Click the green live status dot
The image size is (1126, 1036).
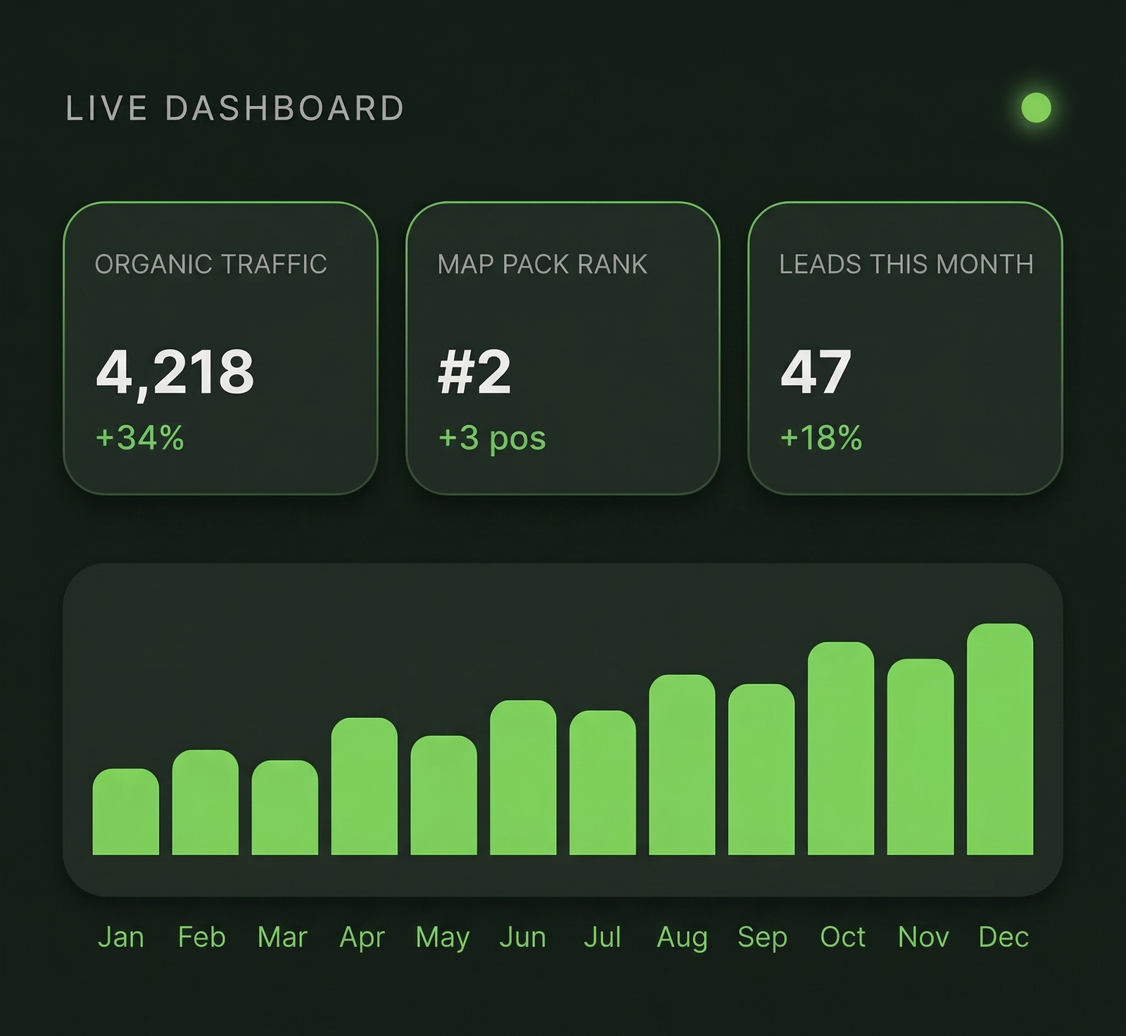click(x=1036, y=108)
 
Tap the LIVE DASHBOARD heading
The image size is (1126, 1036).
click(x=234, y=108)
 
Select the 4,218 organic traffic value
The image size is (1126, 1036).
click(x=175, y=372)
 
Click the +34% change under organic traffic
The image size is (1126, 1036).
click(x=140, y=438)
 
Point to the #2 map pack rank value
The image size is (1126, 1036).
click(x=474, y=372)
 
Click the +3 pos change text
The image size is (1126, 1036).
click(x=492, y=438)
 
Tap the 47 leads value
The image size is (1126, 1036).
click(x=816, y=372)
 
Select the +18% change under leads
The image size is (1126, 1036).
click(x=821, y=438)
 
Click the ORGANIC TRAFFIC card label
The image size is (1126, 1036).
click(x=211, y=264)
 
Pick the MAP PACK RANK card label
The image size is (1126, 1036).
click(x=542, y=264)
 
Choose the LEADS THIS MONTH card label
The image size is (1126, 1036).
click(x=906, y=264)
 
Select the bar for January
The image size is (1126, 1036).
click(x=125, y=812)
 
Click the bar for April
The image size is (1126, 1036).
click(x=364, y=787)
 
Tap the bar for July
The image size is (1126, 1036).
click(x=602, y=783)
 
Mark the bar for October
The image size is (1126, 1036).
click(x=841, y=749)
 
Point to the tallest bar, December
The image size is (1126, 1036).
click(x=1000, y=740)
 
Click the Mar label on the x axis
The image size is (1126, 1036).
click(x=282, y=937)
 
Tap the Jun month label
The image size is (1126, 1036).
click(x=522, y=937)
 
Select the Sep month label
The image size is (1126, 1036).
click(x=762, y=937)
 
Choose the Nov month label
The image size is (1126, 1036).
click(x=923, y=937)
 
